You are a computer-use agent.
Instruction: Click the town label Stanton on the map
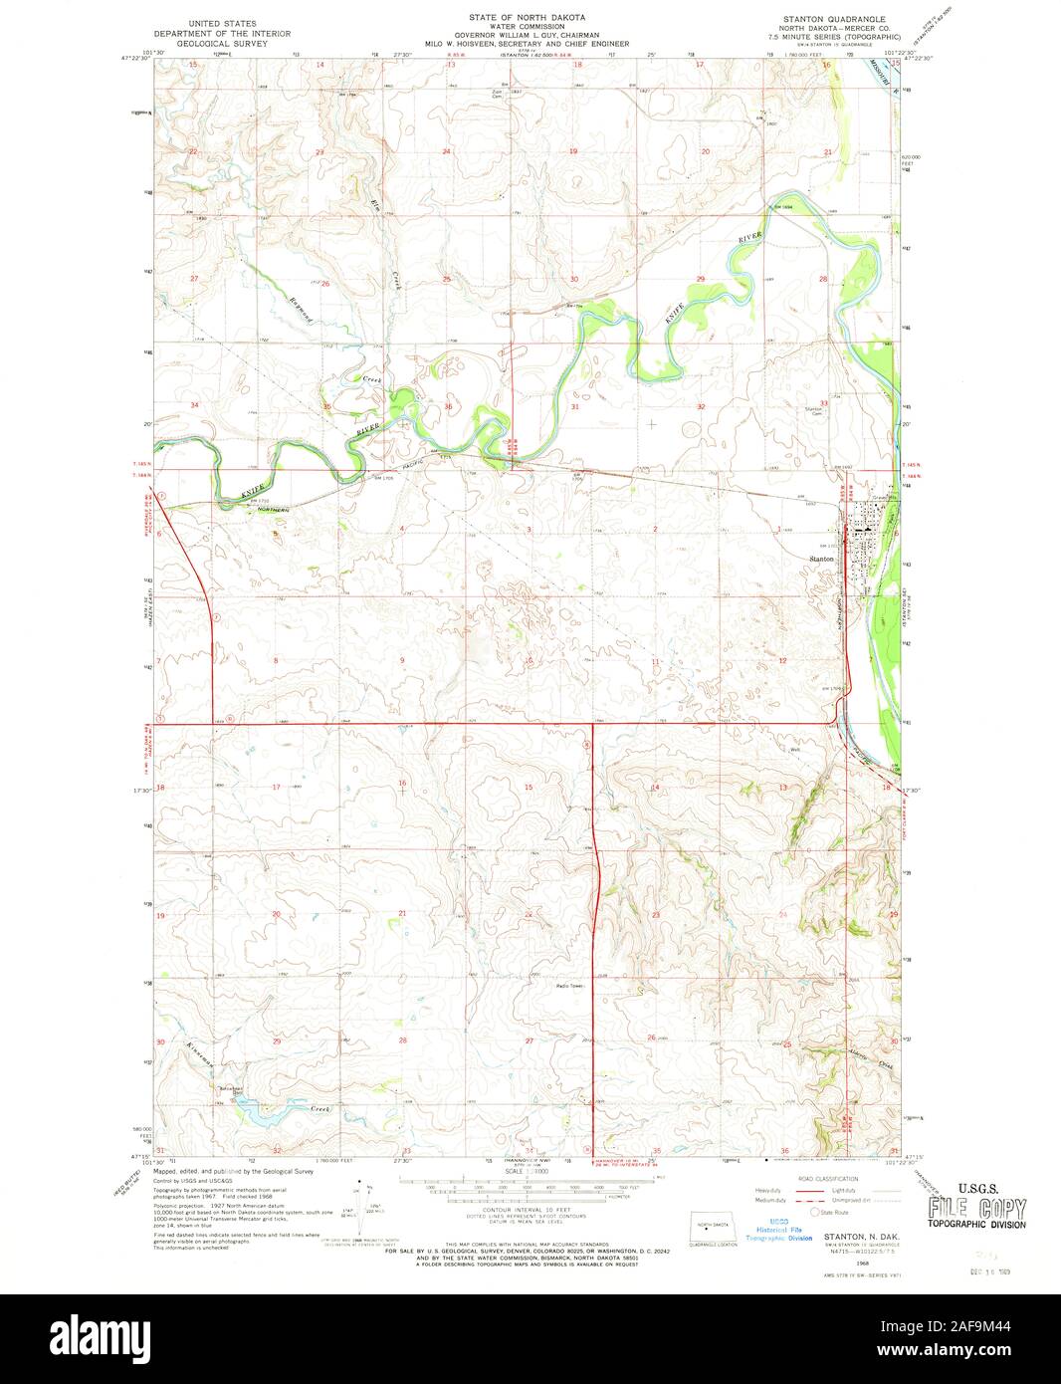pos(822,560)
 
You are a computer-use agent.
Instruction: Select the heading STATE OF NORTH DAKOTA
pos(528,19)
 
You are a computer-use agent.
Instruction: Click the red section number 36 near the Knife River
pos(449,406)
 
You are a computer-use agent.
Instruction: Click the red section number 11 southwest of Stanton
pos(655,661)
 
